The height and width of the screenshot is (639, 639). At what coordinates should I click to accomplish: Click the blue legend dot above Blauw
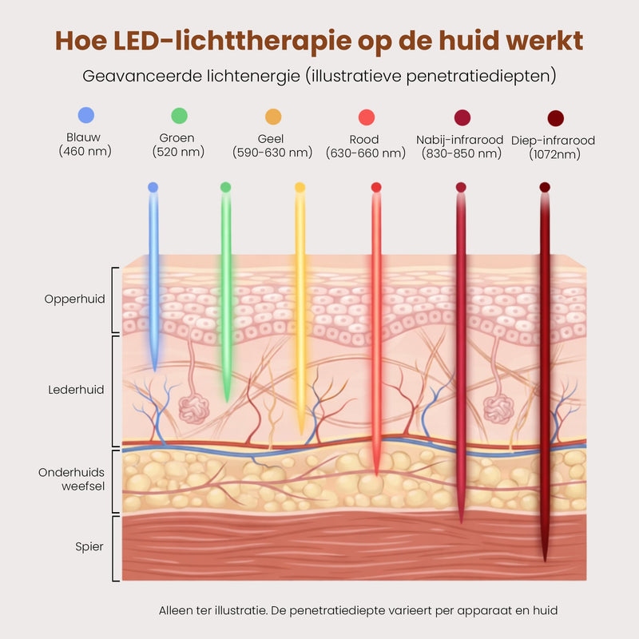click(x=86, y=115)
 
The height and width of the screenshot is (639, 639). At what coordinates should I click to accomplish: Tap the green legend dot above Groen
click(x=179, y=116)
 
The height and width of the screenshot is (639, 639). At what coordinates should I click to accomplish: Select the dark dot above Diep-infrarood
click(x=556, y=118)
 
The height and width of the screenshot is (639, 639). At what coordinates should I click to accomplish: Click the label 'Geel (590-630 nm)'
click(x=272, y=146)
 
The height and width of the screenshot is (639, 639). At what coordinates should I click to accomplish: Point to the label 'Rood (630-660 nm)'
click(x=366, y=146)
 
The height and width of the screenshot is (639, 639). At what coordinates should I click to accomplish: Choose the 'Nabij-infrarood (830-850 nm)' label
click(x=460, y=147)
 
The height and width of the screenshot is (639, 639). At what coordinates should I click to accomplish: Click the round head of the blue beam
click(x=153, y=187)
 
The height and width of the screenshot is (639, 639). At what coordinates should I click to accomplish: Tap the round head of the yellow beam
click(x=300, y=187)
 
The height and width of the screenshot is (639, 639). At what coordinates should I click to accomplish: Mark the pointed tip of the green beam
click(x=227, y=402)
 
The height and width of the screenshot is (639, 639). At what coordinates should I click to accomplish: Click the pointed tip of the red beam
click(x=376, y=474)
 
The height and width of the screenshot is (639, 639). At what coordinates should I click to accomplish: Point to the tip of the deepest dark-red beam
click(x=545, y=561)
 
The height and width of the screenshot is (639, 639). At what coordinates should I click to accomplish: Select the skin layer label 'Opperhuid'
click(x=74, y=299)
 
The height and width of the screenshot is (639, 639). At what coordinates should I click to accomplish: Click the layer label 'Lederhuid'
click(x=76, y=390)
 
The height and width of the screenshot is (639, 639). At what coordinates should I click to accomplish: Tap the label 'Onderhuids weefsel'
click(x=72, y=479)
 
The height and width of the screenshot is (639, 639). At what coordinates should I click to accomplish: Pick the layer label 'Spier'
click(x=89, y=547)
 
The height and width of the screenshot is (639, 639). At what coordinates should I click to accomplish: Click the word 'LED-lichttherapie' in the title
click(x=232, y=42)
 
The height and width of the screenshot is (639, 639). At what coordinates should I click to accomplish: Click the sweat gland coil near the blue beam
click(x=194, y=409)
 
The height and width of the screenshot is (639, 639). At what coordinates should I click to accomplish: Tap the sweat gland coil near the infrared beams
click(x=498, y=409)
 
